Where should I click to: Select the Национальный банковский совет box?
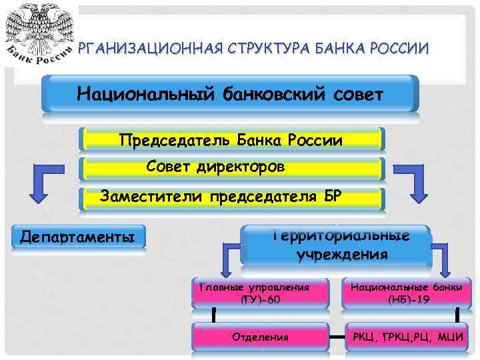click(230, 93)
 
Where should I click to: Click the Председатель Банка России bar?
click(231, 140)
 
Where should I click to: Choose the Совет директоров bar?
click(231, 167)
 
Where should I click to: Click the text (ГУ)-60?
click(260, 300)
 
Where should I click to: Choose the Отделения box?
click(261, 337)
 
